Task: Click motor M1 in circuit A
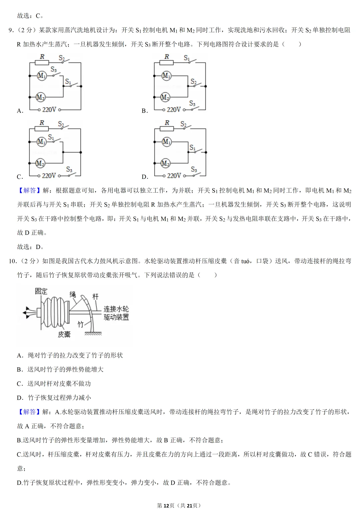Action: click(x=41, y=76)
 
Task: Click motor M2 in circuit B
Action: click(x=165, y=97)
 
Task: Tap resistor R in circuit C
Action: click(x=42, y=128)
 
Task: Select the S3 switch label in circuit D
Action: click(x=194, y=169)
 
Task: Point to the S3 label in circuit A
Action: click(x=53, y=69)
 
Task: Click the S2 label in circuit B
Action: click(x=193, y=81)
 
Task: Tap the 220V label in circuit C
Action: click(x=49, y=176)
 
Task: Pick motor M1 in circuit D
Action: click(x=166, y=142)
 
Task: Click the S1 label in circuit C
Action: click(x=51, y=137)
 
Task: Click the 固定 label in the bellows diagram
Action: click(x=41, y=291)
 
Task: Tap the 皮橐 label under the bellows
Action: click(x=64, y=334)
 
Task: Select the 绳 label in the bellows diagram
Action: click(x=73, y=294)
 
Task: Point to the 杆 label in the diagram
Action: click(x=95, y=296)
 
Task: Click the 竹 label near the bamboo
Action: click(x=80, y=324)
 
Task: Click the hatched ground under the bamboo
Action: click(x=93, y=333)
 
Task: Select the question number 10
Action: click(x=12, y=261)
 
